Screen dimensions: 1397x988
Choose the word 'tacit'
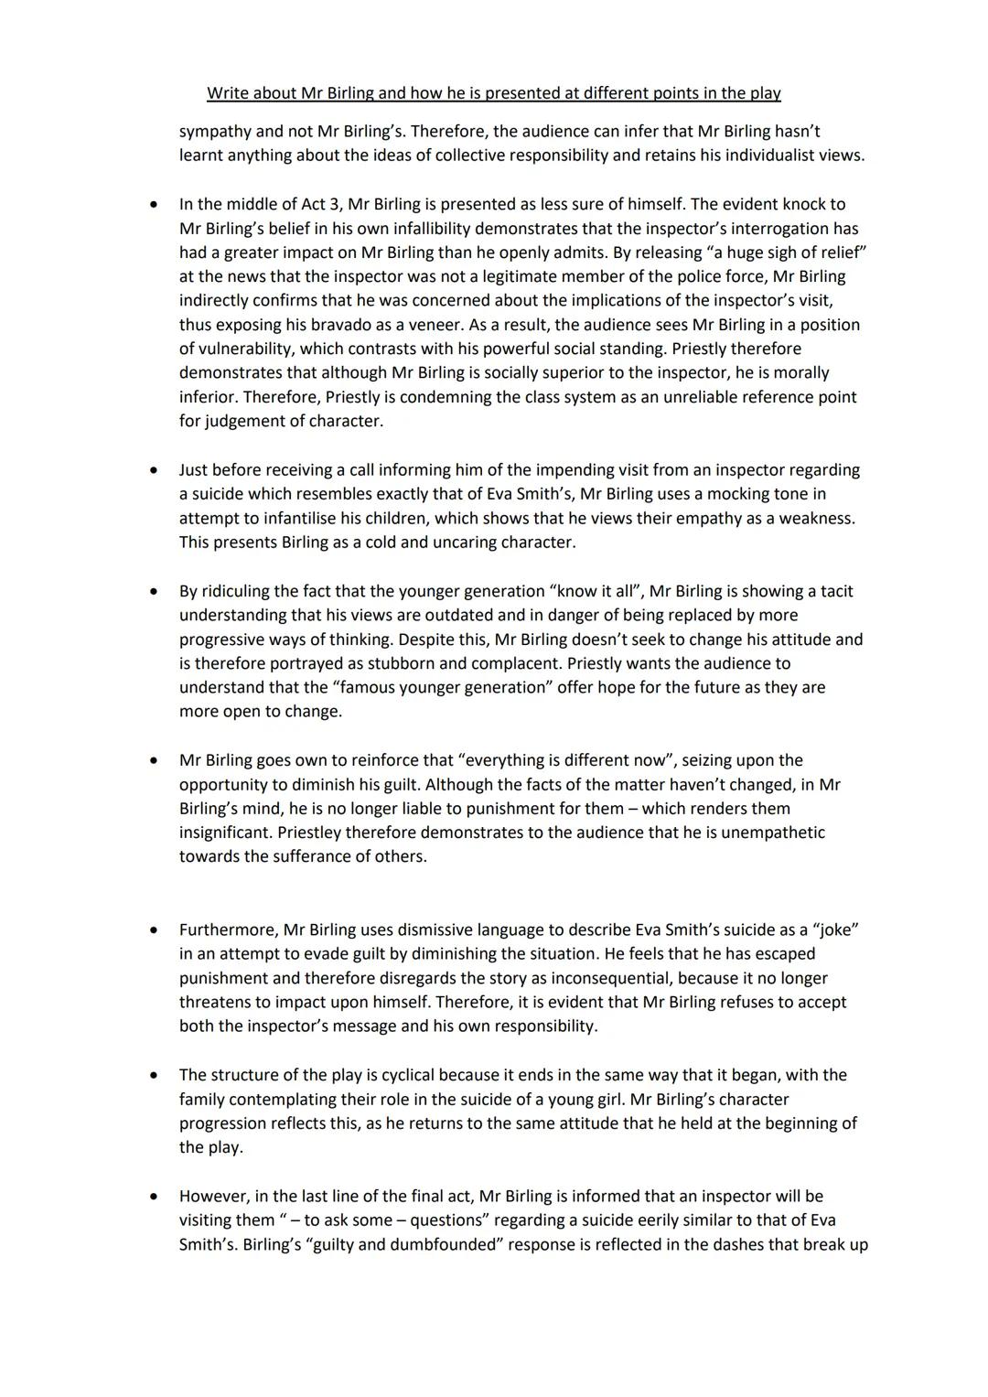click(x=833, y=591)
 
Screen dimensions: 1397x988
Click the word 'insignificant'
click(x=225, y=833)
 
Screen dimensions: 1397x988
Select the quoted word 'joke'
click(x=835, y=930)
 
